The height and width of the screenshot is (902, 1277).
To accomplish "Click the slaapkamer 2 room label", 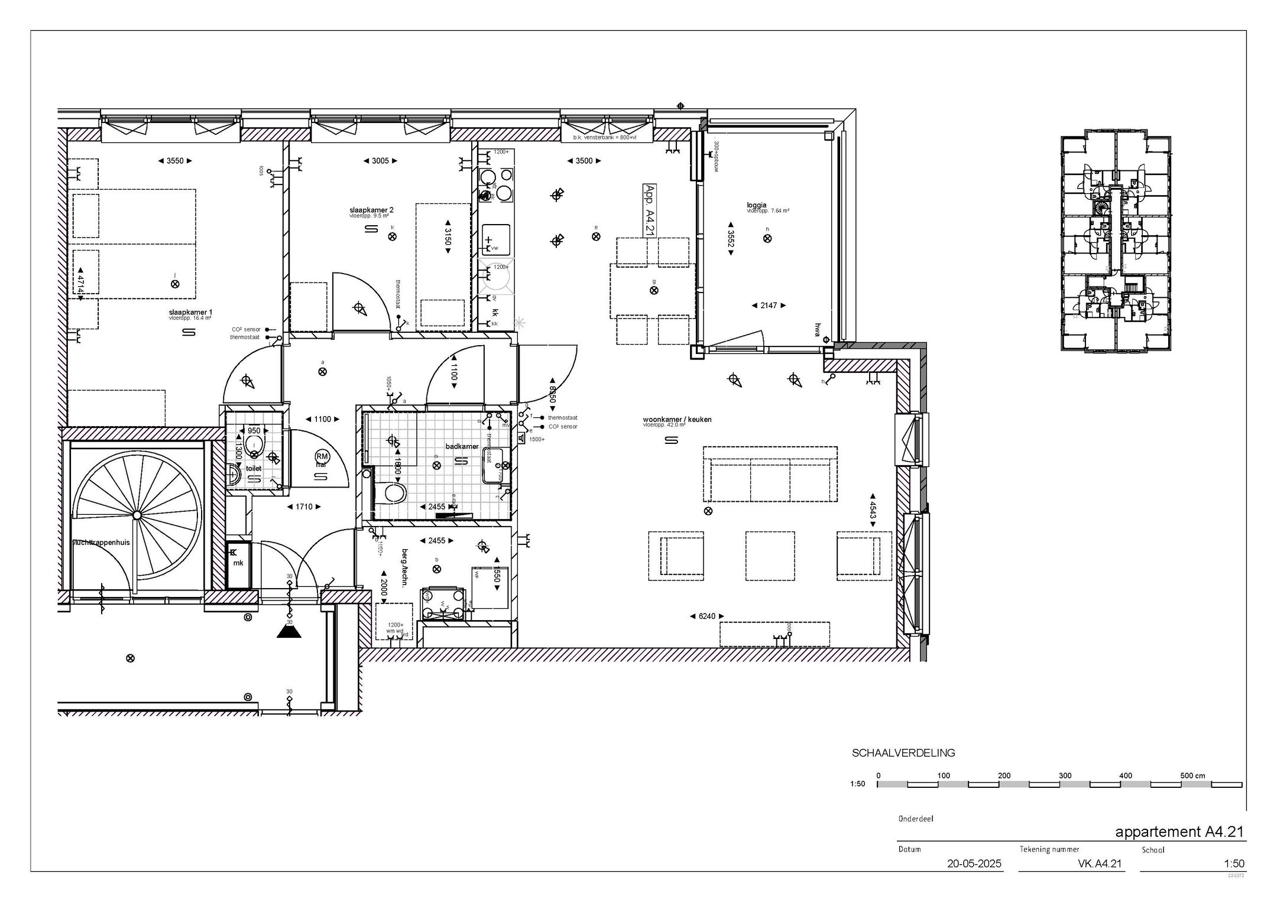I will [x=371, y=210].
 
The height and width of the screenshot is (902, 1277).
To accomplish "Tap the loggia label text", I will [x=756, y=205].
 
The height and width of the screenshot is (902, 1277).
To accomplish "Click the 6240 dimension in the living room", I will [x=706, y=616].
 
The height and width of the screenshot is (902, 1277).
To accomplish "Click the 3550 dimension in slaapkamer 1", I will [x=176, y=161].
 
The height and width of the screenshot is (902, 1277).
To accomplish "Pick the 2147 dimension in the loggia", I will [x=768, y=306].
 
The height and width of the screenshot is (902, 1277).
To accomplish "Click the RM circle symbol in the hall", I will [x=322, y=456].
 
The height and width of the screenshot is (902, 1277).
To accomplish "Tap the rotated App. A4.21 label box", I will [x=649, y=210].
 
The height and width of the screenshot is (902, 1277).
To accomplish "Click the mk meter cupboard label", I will [x=238, y=563].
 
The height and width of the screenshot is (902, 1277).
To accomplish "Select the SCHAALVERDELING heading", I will [x=903, y=753].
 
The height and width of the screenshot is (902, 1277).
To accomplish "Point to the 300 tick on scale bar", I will [x=1065, y=776].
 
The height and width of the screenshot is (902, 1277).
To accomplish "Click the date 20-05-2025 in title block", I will [x=974, y=864].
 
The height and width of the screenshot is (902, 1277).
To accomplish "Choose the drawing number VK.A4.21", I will [x=1100, y=864].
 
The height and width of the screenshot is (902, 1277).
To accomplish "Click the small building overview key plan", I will [x=1115, y=241].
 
